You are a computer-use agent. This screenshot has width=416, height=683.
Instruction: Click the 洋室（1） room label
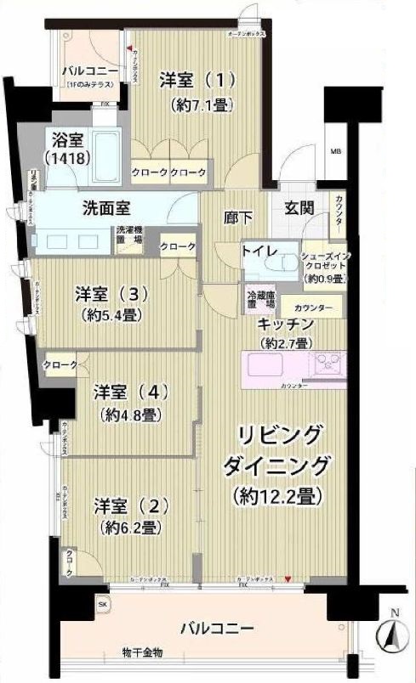click(x=197, y=81)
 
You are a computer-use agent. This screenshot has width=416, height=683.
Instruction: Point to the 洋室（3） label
click(x=111, y=295)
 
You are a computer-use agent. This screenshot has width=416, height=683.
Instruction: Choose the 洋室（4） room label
click(x=131, y=392)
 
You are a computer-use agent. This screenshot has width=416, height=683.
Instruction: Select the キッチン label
click(x=287, y=325)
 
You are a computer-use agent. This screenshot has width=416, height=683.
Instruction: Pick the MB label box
click(x=334, y=153)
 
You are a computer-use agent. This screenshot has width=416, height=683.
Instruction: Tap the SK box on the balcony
click(x=103, y=603)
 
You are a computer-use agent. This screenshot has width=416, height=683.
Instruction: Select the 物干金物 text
click(x=141, y=652)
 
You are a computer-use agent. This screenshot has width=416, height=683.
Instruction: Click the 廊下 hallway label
click(x=237, y=217)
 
